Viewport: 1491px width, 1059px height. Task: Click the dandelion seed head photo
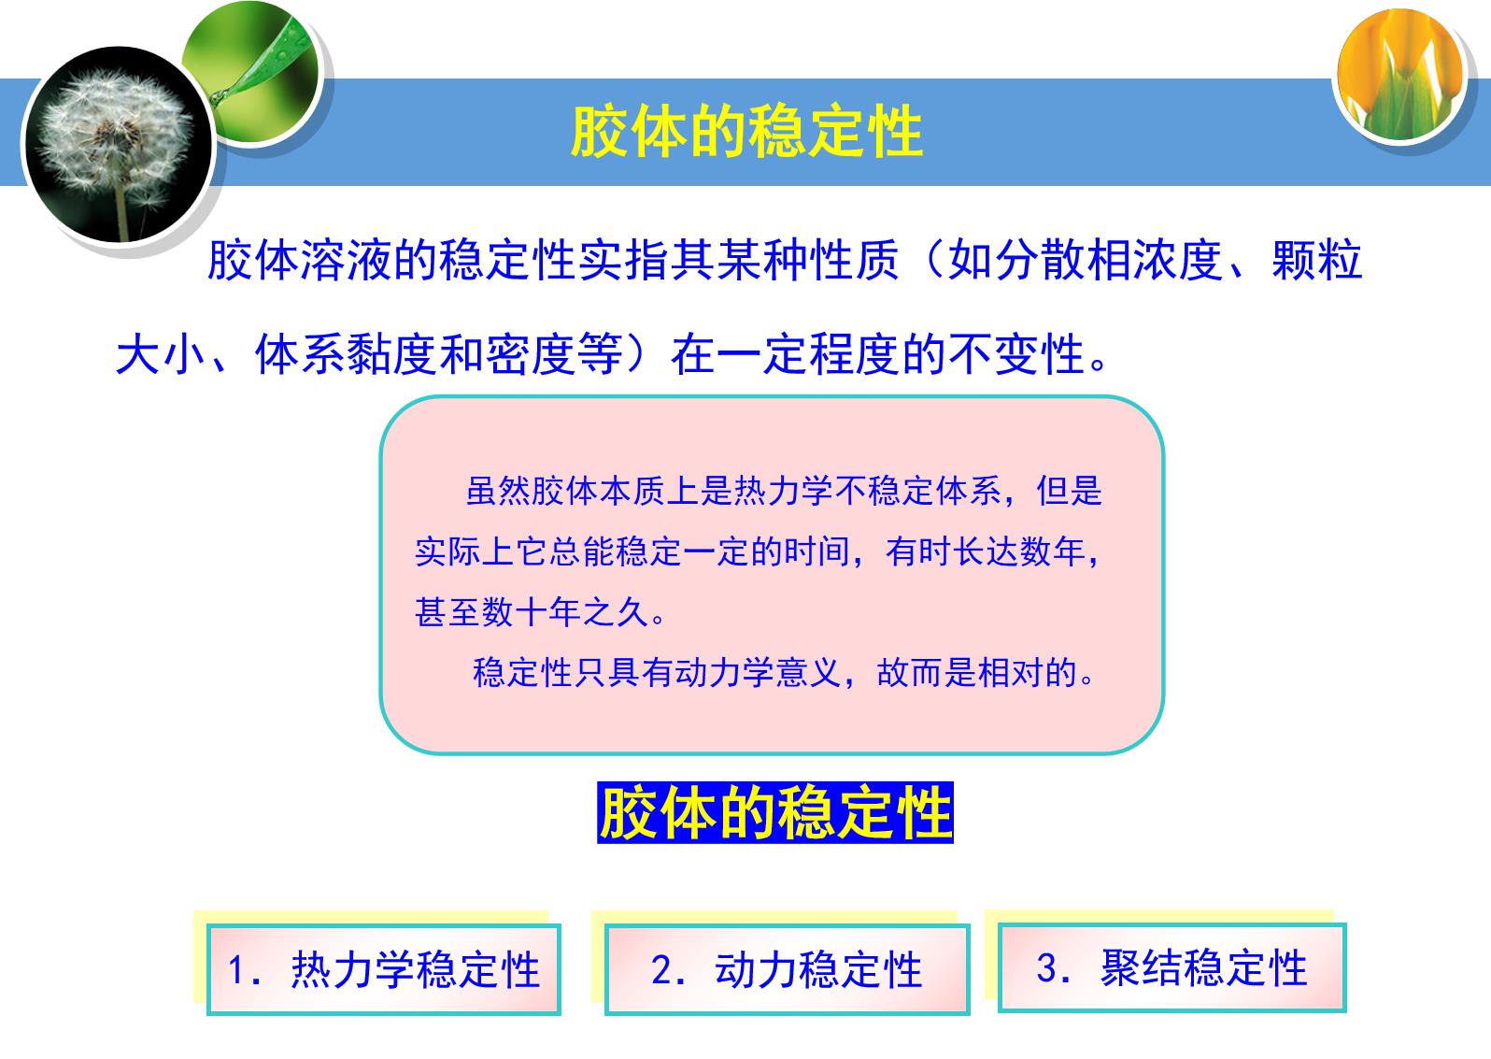[x=119, y=145]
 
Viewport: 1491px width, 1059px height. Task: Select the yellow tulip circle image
[x=1400, y=75]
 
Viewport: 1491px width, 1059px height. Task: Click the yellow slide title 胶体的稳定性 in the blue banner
[x=746, y=132]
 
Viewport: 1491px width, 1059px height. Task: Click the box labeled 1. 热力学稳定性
[x=383, y=969]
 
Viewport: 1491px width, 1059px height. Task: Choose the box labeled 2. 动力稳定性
[x=787, y=969]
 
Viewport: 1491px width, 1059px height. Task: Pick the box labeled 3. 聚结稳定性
[x=1172, y=967]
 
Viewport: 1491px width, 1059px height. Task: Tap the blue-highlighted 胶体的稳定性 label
[x=775, y=812]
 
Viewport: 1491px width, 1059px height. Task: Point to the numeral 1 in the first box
[x=235, y=970]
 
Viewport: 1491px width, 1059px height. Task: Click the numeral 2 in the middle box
[x=662, y=970]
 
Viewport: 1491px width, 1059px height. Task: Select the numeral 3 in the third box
[x=1047, y=967]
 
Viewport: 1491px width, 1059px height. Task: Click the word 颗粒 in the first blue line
[x=1316, y=260]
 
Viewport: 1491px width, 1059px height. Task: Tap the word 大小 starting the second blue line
[x=161, y=354]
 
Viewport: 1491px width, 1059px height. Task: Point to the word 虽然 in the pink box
[x=498, y=492]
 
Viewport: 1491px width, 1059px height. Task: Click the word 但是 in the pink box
[x=1069, y=492]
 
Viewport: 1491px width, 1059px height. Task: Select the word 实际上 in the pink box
[x=464, y=552]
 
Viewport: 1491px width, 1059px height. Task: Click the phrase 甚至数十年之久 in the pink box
[x=532, y=612]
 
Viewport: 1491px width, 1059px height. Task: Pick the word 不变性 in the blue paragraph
[x=1017, y=354]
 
